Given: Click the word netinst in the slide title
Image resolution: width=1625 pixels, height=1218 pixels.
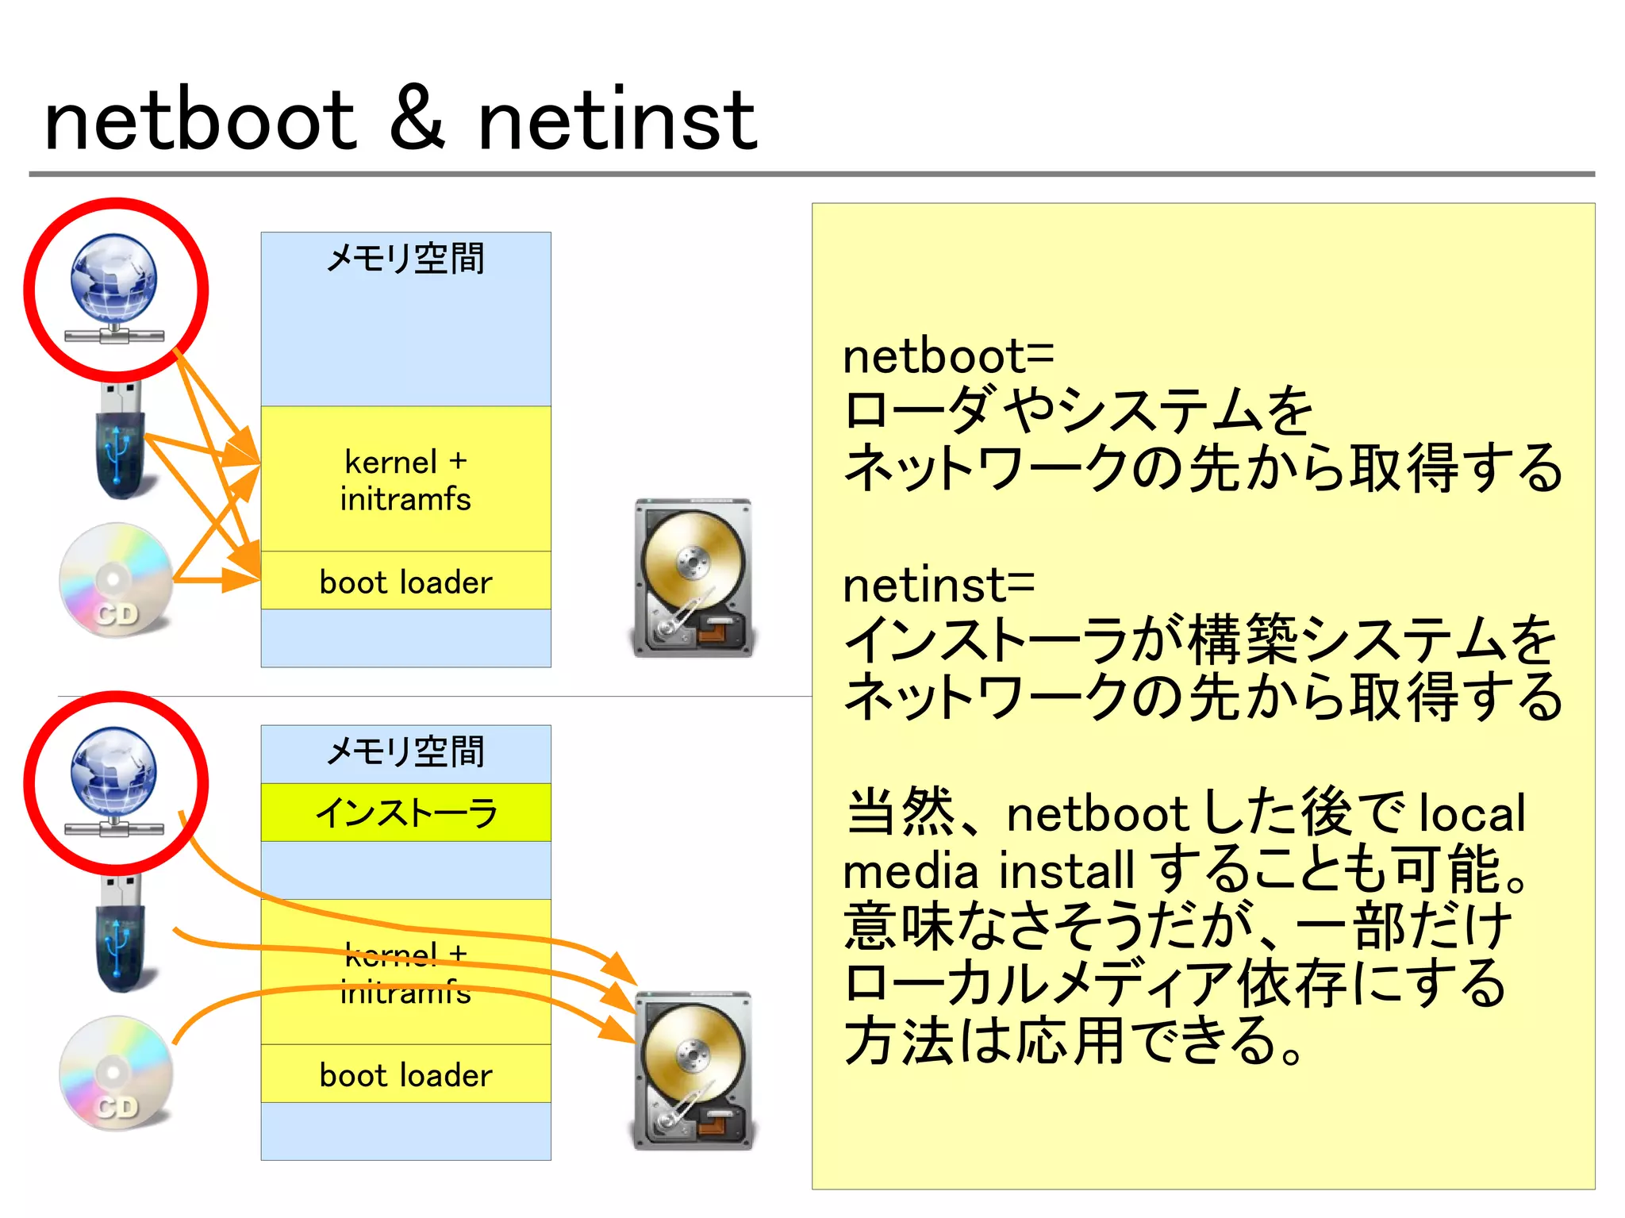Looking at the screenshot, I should point(617,121).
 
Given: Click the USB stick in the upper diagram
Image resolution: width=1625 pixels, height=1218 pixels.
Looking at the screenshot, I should point(121,441).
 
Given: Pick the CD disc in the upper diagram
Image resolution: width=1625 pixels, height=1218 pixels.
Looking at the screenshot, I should point(116,580).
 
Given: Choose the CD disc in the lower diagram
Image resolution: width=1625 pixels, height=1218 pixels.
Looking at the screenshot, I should point(116,1073).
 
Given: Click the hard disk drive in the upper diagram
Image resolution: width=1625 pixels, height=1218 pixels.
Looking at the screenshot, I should point(693,578).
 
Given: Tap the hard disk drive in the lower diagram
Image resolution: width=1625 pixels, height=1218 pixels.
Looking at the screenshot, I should point(693,1070).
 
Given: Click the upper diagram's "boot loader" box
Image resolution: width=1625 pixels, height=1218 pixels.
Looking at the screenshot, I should point(405,582).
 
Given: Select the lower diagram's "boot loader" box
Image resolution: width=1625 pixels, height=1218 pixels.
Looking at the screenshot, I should point(405,1074).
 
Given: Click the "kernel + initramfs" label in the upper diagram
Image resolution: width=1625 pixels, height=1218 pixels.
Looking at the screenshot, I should point(405,480).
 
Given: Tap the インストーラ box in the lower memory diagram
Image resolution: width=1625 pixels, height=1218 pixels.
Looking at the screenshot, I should point(405,813).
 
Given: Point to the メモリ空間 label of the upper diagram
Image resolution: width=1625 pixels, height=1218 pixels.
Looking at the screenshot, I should point(405,259).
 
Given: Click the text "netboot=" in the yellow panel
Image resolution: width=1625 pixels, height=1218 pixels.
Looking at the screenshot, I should point(948,356).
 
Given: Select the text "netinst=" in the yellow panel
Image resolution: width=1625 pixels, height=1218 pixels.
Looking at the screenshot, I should point(939,585).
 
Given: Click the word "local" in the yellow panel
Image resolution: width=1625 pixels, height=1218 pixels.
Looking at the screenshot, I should point(1472,813).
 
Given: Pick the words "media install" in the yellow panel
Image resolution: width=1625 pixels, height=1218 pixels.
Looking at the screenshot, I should point(988,870).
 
